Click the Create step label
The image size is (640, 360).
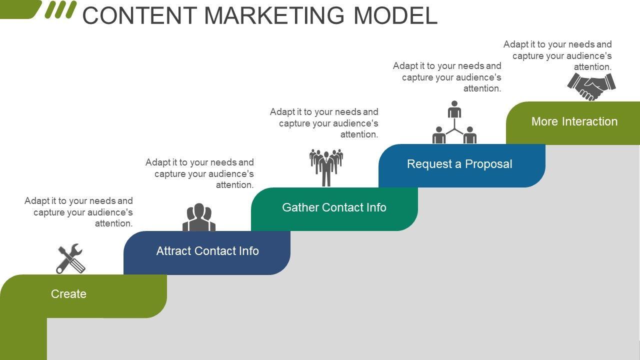pyautogui.click(x=68, y=294)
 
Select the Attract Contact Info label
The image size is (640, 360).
pyautogui.click(x=207, y=251)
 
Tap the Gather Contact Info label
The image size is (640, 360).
pyautogui.click(x=334, y=207)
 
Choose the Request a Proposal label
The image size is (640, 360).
pyautogui.click(x=459, y=164)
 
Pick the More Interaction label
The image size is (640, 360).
pyautogui.click(x=574, y=121)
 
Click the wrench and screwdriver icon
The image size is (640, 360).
pyautogui.click(x=70, y=259)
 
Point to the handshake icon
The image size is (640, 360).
pyautogui.click(x=591, y=86)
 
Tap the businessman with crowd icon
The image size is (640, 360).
pyautogui.click(x=326, y=167)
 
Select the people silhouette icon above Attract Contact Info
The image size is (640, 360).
pyautogui.click(x=199, y=217)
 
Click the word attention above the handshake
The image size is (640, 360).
pyautogui.click(x=592, y=67)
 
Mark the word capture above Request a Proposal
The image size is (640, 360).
pyautogui.click(x=414, y=77)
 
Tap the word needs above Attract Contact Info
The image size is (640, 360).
pyautogui.click(x=224, y=162)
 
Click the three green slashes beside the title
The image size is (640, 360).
pyautogui.click(x=60, y=9)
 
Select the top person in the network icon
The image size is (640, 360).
pyautogui.click(x=454, y=109)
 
